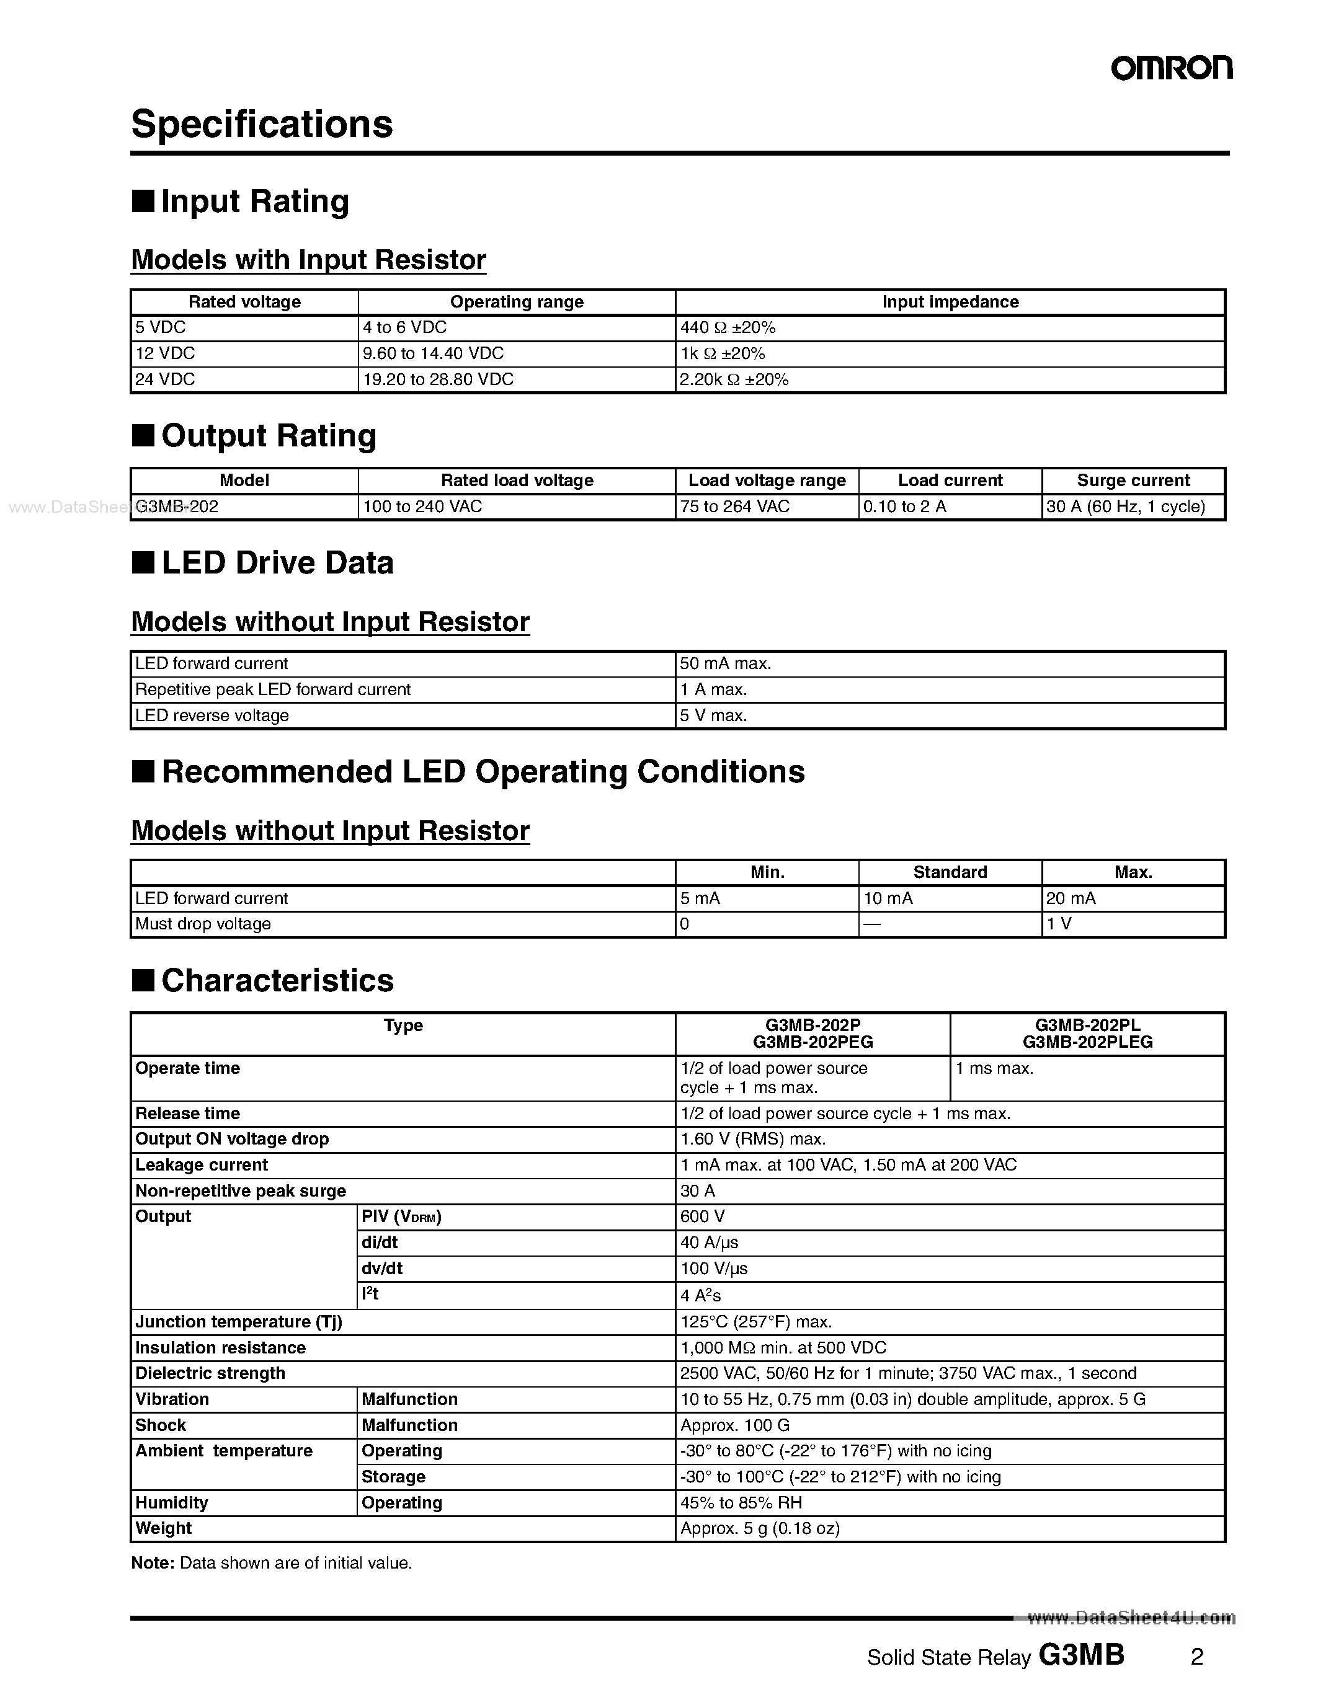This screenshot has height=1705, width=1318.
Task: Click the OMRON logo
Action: coord(1171,69)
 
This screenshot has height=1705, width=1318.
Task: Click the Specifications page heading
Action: coord(262,124)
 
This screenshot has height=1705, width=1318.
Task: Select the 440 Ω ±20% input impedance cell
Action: coord(727,328)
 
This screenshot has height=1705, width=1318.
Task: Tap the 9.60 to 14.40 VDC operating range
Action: coord(434,353)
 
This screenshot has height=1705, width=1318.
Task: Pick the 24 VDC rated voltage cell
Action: coord(166,379)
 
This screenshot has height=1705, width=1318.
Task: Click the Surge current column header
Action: coord(1133,480)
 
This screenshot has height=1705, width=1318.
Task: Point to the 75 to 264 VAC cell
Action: coord(735,507)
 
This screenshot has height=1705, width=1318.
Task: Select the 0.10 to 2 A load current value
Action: coord(904,507)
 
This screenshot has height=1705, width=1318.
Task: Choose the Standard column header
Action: coord(950,872)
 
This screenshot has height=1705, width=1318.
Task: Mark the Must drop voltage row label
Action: coord(203,924)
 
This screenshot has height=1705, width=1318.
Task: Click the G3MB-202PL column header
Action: coord(1087,1034)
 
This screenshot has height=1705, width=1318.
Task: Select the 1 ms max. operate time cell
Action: coord(994,1069)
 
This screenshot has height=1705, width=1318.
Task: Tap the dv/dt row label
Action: coord(382,1269)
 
